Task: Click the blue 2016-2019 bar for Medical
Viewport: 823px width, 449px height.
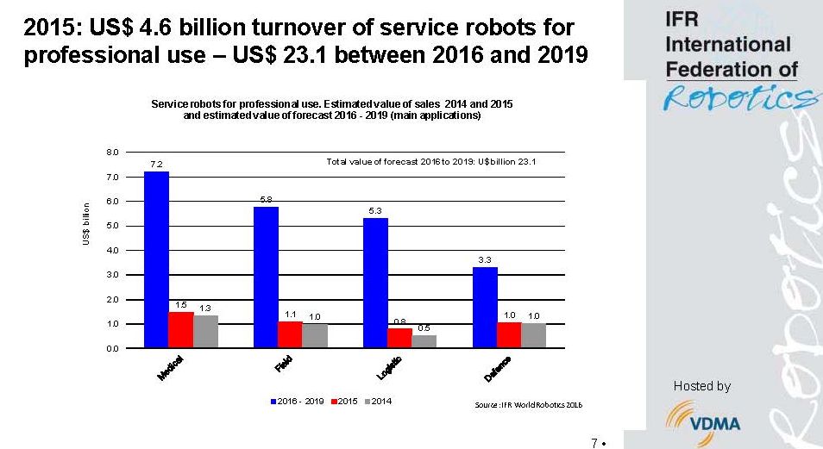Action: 156,259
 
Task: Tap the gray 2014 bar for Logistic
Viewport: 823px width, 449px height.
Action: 424,341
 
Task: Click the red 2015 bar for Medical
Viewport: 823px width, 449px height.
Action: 181,329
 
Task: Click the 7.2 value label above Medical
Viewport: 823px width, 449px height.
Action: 156,164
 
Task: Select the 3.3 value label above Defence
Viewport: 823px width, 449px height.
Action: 485,259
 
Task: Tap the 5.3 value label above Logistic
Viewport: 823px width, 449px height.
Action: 375,210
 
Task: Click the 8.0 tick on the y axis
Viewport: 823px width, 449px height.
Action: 112,153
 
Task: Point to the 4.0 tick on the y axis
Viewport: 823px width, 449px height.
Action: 112,251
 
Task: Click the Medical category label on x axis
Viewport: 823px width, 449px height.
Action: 171,368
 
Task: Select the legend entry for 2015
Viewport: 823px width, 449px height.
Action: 343,402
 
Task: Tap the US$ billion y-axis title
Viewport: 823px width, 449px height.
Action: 87,224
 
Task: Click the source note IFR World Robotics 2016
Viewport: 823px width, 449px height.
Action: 518,404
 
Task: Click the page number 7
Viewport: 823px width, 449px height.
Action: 594,443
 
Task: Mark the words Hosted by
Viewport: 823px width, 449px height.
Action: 701,386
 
